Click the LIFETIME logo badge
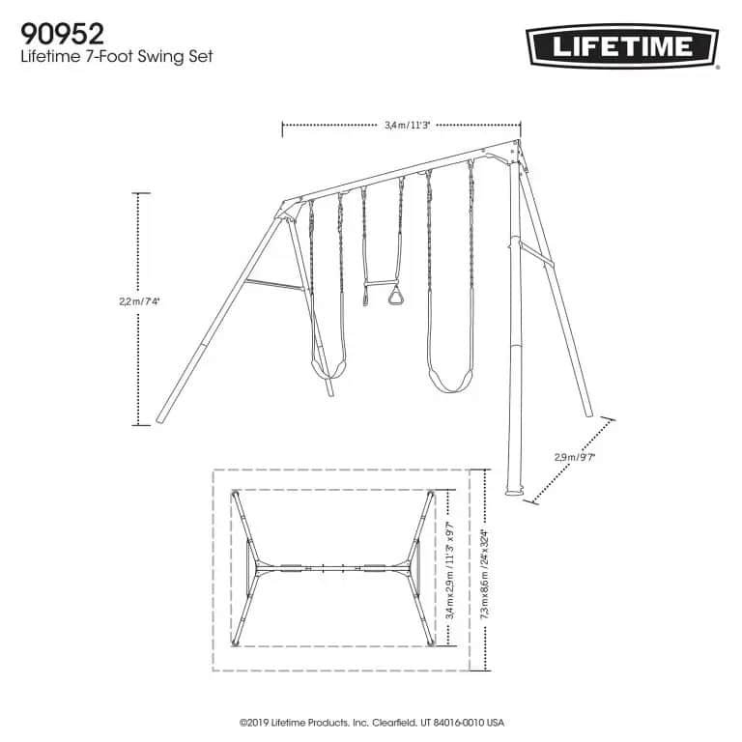pos(621,45)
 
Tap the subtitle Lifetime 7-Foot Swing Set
pos(116,57)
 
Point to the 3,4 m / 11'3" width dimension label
pos(401,125)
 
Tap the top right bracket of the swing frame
pos(516,154)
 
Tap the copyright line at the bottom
pos(371,721)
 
